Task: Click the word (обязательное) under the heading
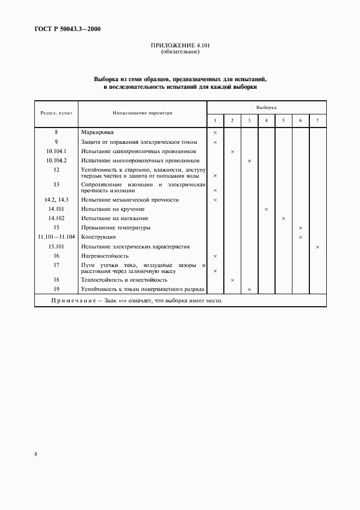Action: coord(180,52)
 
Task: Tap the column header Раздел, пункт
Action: coord(56,113)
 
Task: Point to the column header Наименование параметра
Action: coord(142,113)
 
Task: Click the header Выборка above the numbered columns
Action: coord(266,107)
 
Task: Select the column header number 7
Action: coord(318,120)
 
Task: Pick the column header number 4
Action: coord(266,120)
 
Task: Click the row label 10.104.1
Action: coord(56,151)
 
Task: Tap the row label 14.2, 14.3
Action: coord(56,200)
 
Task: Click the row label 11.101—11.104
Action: coord(56,237)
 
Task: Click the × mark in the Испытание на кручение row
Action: coord(266,209)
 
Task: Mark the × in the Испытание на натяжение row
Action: coord(283,218)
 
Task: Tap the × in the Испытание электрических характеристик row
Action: coord(318,247)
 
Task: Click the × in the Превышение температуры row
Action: coord(301,228)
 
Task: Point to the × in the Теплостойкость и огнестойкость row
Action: coord(232,280)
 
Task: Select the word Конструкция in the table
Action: coord(98,237)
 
